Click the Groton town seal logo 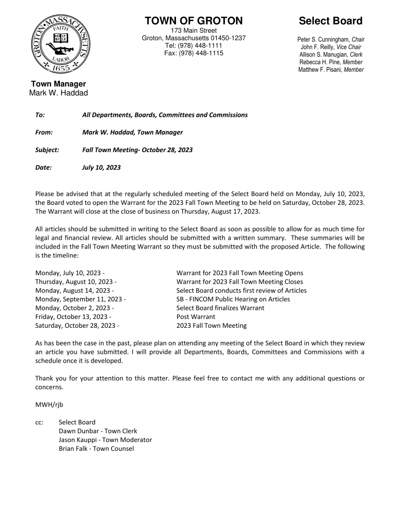click(58, 44)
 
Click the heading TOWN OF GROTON click(193, 21)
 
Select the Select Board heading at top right click(330, 21)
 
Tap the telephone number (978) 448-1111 click(193, 46)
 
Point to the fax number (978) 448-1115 click(193, 54)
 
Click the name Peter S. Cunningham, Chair click(331, 40)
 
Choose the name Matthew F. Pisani click(331, 70)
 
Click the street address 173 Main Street click(193, 31)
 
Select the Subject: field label click(47, 150)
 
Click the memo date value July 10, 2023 click(101, 168)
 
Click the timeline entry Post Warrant click(196, 317)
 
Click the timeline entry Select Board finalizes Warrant click(220, 308)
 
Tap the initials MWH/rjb click(49, 405)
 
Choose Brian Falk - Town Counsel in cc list click(96, 449)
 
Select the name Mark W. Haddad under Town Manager click(58, 93)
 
